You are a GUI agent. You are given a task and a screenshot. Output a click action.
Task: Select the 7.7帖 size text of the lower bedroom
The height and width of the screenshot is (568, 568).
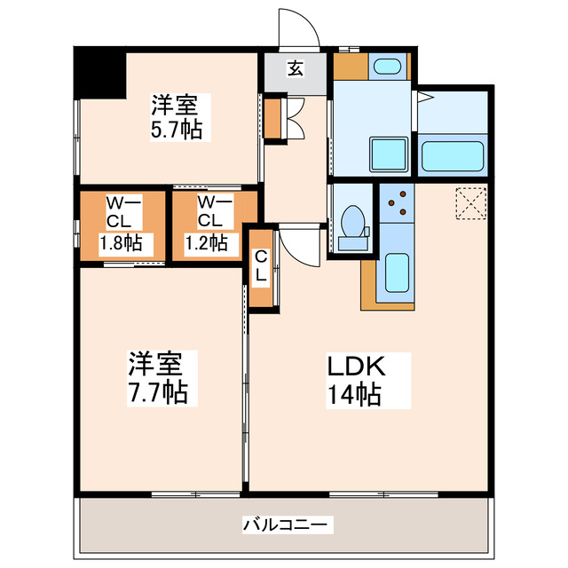pos(158,390)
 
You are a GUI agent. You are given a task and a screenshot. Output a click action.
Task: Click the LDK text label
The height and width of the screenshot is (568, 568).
pos(357,366)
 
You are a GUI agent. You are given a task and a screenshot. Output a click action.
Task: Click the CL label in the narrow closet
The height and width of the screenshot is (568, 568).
pos(261,265)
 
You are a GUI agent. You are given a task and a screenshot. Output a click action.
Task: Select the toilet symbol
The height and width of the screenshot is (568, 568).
pos(352,222)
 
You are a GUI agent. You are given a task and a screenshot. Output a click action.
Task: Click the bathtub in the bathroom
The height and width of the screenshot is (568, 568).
pos(453,156)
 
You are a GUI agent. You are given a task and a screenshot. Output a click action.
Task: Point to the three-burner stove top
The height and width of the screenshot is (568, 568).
pos(398,202)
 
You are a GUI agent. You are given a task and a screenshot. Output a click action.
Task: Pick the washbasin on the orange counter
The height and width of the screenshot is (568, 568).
pos(385,67)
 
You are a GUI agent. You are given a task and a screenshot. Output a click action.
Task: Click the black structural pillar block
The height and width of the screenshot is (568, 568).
pos(98,73)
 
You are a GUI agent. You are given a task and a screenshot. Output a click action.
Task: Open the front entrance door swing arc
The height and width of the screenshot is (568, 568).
pos(299,27)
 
